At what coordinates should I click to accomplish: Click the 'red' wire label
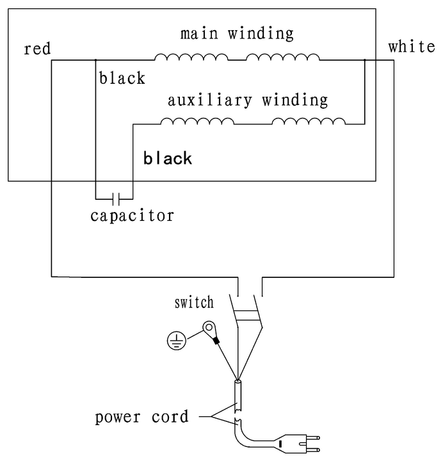[x=37, y=49]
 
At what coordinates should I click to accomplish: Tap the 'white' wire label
[x=411, y=47]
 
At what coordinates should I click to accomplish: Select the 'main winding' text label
[x=237, y=33]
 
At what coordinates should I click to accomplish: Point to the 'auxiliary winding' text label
[x=248, y=100]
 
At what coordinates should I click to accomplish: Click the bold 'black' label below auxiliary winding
[x=168, y=158]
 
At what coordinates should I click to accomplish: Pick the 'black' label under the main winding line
[x=122, y=78]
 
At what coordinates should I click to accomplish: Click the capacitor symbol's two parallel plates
[x=116, y=199]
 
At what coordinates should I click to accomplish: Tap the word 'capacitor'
[x=132, y=216]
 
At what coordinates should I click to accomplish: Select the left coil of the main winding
[x=191, y=57]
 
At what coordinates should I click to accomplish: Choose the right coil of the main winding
[x=283, y=57]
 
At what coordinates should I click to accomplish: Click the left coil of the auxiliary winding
[x=198, y=121]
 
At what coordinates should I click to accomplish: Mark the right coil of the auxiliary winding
[x=309, y=121]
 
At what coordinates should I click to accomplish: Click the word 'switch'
[x=194, y=302]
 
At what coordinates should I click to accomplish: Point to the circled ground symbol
[x=176, y=341]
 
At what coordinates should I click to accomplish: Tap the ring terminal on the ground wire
[x=209, y=328]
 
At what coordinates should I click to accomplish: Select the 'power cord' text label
[x=141, y=417]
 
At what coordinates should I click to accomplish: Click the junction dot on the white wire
[x=364, y=60]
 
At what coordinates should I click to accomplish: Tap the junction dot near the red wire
[x=95, y=60]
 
